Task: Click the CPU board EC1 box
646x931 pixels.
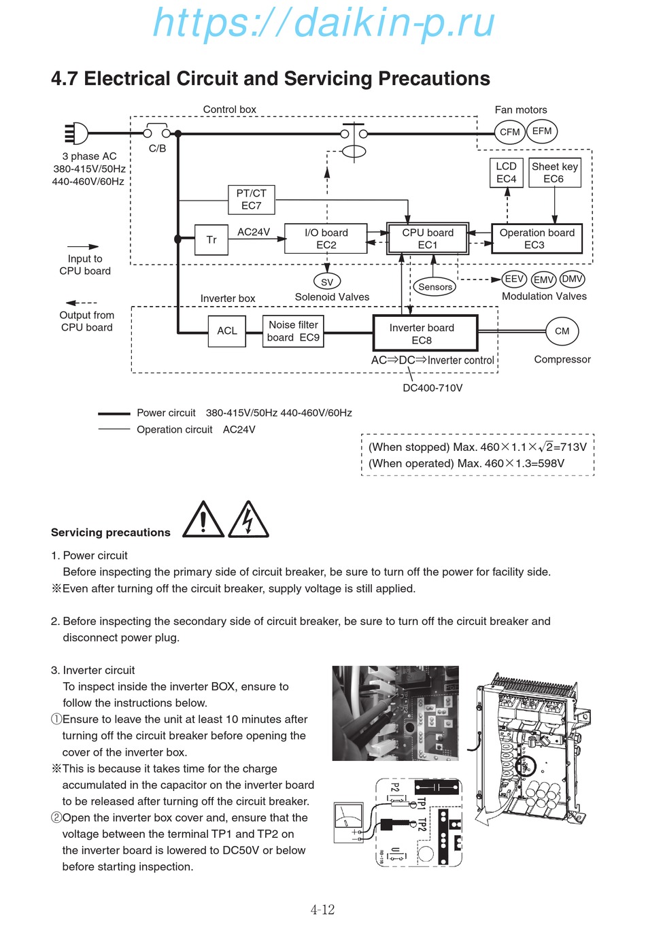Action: coord(428,239)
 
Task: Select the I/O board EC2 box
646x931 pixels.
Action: coord(326,239)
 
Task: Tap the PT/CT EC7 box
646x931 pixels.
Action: coord(252,199)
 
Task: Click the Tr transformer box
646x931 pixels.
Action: coord(211,239)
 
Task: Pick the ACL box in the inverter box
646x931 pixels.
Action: coord(227,331)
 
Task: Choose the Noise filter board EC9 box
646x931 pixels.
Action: coord(293,331)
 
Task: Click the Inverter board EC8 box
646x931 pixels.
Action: coord(425,333)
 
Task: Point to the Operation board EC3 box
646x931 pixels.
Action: coord(537,239)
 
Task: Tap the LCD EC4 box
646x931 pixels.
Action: coord(507,173)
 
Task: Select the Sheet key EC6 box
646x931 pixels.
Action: coord(555,173)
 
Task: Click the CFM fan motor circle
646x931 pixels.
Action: coord(510,132)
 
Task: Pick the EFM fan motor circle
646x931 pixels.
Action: coord(542,131)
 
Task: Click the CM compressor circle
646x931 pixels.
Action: coord(562,331)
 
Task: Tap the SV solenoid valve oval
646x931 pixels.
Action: coord(327,282)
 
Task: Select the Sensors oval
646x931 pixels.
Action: coord(435,287)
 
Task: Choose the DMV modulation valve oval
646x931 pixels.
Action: coord(573,279)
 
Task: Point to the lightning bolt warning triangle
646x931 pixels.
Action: coord(248,521)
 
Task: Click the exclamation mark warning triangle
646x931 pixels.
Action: coord(203,521)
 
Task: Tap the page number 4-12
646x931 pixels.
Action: coord(322,910)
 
